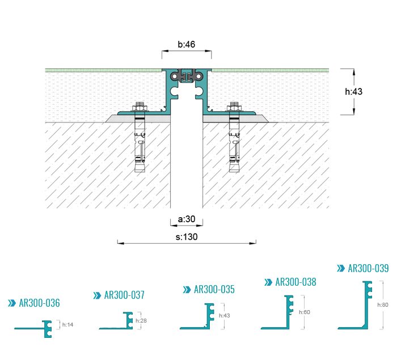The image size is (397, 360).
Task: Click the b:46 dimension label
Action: click(187, 44)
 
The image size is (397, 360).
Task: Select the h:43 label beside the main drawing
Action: click(354, 91)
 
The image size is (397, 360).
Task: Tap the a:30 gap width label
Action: click(187, 219)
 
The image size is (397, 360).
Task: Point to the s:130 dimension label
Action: click(187, 237)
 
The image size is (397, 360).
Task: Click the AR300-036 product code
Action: click(39, 303)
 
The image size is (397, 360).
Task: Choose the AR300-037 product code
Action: click(124, 295)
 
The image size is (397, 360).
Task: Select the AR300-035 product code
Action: click(214, 289)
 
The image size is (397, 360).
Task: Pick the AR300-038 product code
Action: click(295, 282)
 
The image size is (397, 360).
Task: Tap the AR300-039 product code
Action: click(368, 268)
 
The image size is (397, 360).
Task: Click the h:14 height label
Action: click(68, 324)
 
